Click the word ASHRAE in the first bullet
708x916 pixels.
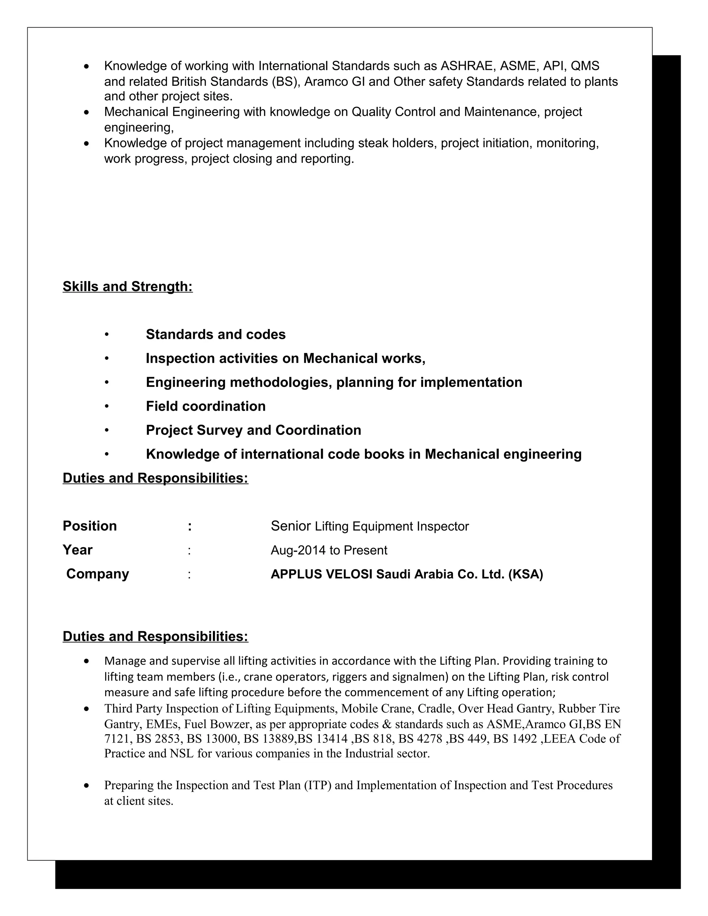[x=468, y=66]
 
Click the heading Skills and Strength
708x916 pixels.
[x=128, y=287]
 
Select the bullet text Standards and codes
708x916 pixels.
[x=216, y=334]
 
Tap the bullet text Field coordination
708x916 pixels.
[x=206, y=406]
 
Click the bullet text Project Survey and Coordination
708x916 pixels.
[x=253, y=430]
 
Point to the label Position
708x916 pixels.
[x=90, y=526]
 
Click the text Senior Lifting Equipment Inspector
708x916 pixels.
[x=370, y=526]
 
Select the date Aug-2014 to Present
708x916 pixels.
[x=329, y=550]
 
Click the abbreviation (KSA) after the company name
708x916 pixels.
[x=525, y=574]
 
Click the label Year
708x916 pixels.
[x=77, y=550]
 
